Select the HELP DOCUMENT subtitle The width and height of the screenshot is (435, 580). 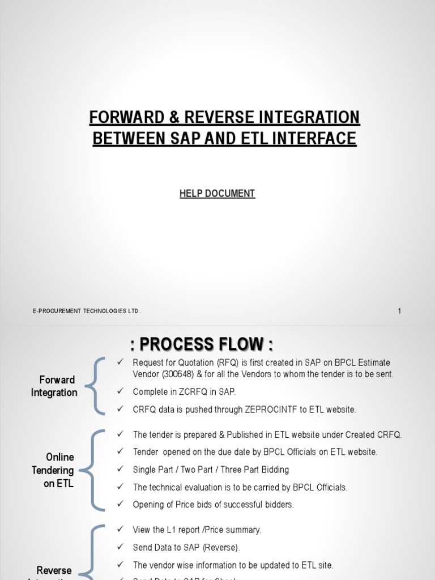(217, 194)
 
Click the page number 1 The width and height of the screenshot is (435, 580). (399, 311)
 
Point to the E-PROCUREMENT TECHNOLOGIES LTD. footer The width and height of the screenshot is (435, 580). (87, 311)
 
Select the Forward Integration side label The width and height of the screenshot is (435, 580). (54, 386)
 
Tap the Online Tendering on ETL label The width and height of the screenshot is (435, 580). (59, 470)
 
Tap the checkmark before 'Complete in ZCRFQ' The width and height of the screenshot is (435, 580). (120, 391)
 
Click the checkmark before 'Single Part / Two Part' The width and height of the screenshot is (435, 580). (120, 470)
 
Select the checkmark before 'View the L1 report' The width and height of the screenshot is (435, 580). (120, 530)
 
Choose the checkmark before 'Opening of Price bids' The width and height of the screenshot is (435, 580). (120, 504)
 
